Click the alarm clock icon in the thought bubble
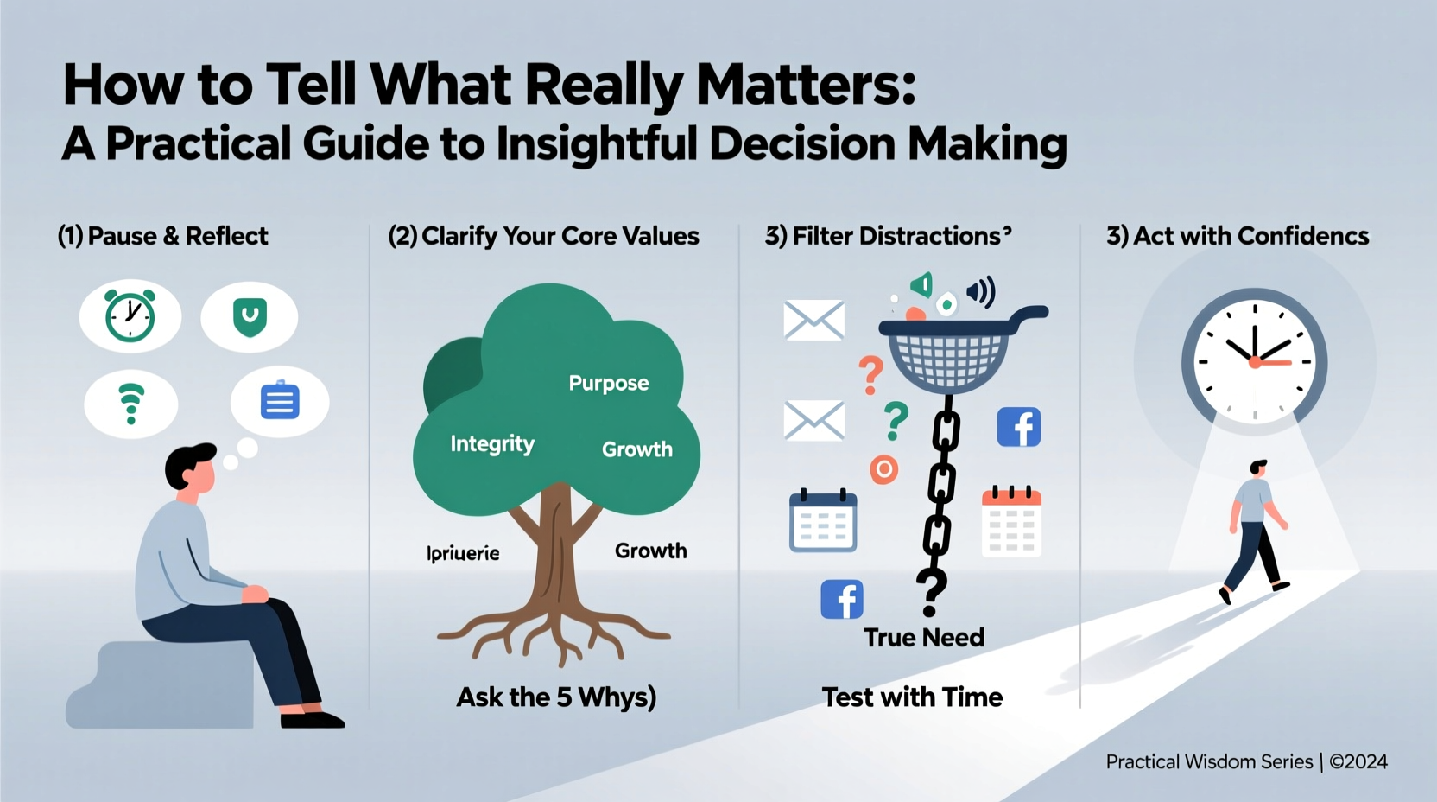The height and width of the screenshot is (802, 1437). [130, 316]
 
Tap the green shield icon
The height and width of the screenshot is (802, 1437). [250, 317]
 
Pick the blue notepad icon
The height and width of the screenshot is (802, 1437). [280, 401]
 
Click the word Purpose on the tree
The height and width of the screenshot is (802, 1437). [608, 383]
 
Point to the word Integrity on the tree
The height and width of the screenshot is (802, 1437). [492, 444]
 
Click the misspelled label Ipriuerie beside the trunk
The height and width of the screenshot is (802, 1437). [463, 553]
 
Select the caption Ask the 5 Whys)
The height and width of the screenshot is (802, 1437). [556, 697]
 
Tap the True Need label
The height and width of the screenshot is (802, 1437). [924, 638]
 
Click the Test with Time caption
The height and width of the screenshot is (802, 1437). [912, 697]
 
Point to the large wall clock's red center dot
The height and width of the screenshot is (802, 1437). [1254, 362]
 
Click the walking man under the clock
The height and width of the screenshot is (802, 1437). [1256, 530]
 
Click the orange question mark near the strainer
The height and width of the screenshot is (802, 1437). [870, 374]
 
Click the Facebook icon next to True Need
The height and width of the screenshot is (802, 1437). [842, 599]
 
